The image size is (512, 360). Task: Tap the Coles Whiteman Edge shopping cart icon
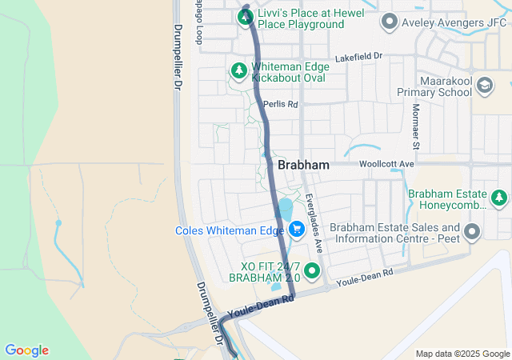click(296, 230)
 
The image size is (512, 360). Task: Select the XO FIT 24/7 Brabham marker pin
click(313, 270)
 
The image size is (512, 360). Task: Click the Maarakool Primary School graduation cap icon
click(484, 85)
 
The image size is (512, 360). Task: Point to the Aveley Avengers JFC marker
click(390, 22)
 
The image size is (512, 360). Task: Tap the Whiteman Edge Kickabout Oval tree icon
click(238, 71)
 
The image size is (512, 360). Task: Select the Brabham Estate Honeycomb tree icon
click(500, 197)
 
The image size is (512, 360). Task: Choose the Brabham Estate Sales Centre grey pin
click(473, 232)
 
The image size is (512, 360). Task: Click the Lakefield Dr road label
click(359, 58)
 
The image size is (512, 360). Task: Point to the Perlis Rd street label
click(281, 105)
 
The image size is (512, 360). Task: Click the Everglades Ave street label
click(312, 211)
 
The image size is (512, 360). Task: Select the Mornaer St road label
click(415, 127)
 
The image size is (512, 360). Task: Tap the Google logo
click(26, 350)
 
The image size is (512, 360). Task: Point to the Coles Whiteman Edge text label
click(230, 230)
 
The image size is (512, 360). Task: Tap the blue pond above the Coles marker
click(285, 210)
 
